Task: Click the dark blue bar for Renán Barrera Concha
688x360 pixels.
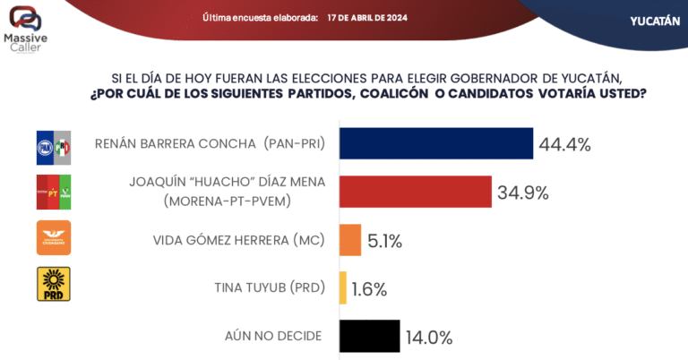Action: [x=436, y=143]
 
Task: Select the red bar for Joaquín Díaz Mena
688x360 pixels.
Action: [x=416, y=191]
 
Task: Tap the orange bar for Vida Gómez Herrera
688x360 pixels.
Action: [x=350, y=239]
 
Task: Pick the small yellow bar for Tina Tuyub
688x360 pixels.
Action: [x=343, y=287]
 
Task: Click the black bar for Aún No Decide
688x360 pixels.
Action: [x=370, y=336]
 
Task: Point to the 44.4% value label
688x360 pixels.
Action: [x=565, y=144]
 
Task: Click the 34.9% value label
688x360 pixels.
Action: [x=524, y=192]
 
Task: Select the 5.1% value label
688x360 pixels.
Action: [x=384, y=240]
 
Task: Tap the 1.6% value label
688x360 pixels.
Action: [x=368, y=288]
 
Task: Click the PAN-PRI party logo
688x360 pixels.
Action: [x=52, y=146]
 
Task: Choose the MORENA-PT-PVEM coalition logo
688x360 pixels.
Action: [x=52, y=191]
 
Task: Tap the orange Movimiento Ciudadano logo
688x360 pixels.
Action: [x=52, y=238]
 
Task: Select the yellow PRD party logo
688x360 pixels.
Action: [x=52, y=284]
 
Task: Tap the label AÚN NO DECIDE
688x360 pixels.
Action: [x=272, y=336]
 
